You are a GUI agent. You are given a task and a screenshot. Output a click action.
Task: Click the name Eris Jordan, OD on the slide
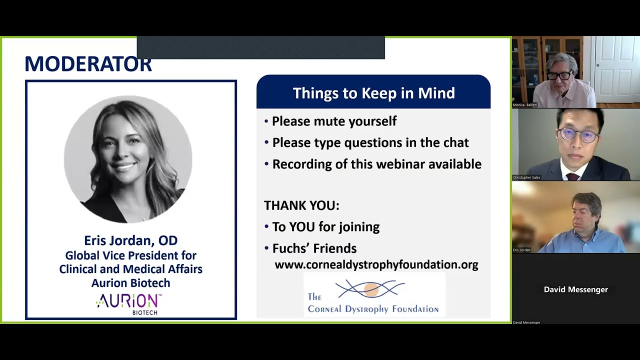(x=130, y=240)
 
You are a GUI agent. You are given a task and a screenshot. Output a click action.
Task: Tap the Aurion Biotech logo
(x=129, y=303)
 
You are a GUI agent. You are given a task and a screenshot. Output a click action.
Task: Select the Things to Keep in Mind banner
(x=373, y=93)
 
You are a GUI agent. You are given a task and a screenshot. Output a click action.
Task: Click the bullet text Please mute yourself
(x=334, y=121)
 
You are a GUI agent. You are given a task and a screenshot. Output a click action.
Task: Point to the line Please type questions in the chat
(x=370, y=142)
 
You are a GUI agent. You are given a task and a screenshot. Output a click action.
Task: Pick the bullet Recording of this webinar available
(x=376, y=164)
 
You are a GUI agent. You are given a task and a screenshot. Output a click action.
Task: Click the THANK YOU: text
(x=301, y=205)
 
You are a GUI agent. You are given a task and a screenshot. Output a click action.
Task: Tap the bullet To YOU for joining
(x=325, y=227)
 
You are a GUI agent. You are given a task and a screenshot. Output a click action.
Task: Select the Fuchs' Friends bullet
(x=314, y=248)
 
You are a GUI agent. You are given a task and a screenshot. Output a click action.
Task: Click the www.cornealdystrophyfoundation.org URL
(x=376, y=264)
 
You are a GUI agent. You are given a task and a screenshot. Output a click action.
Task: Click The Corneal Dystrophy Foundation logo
(x=373, y=296)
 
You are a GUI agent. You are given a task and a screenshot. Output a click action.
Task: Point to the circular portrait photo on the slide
(x=128, y=159)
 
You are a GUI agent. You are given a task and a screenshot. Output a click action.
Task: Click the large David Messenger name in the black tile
(x=575, y=289)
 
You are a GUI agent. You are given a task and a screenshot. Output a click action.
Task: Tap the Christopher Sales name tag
(x=526, y=177)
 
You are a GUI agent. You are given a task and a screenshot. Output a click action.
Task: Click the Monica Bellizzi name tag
(x=525, y=105)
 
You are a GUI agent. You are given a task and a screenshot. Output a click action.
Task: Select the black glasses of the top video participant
(x=559, y=75)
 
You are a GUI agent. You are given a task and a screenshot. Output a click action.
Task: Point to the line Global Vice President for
(x=130, y=255)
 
